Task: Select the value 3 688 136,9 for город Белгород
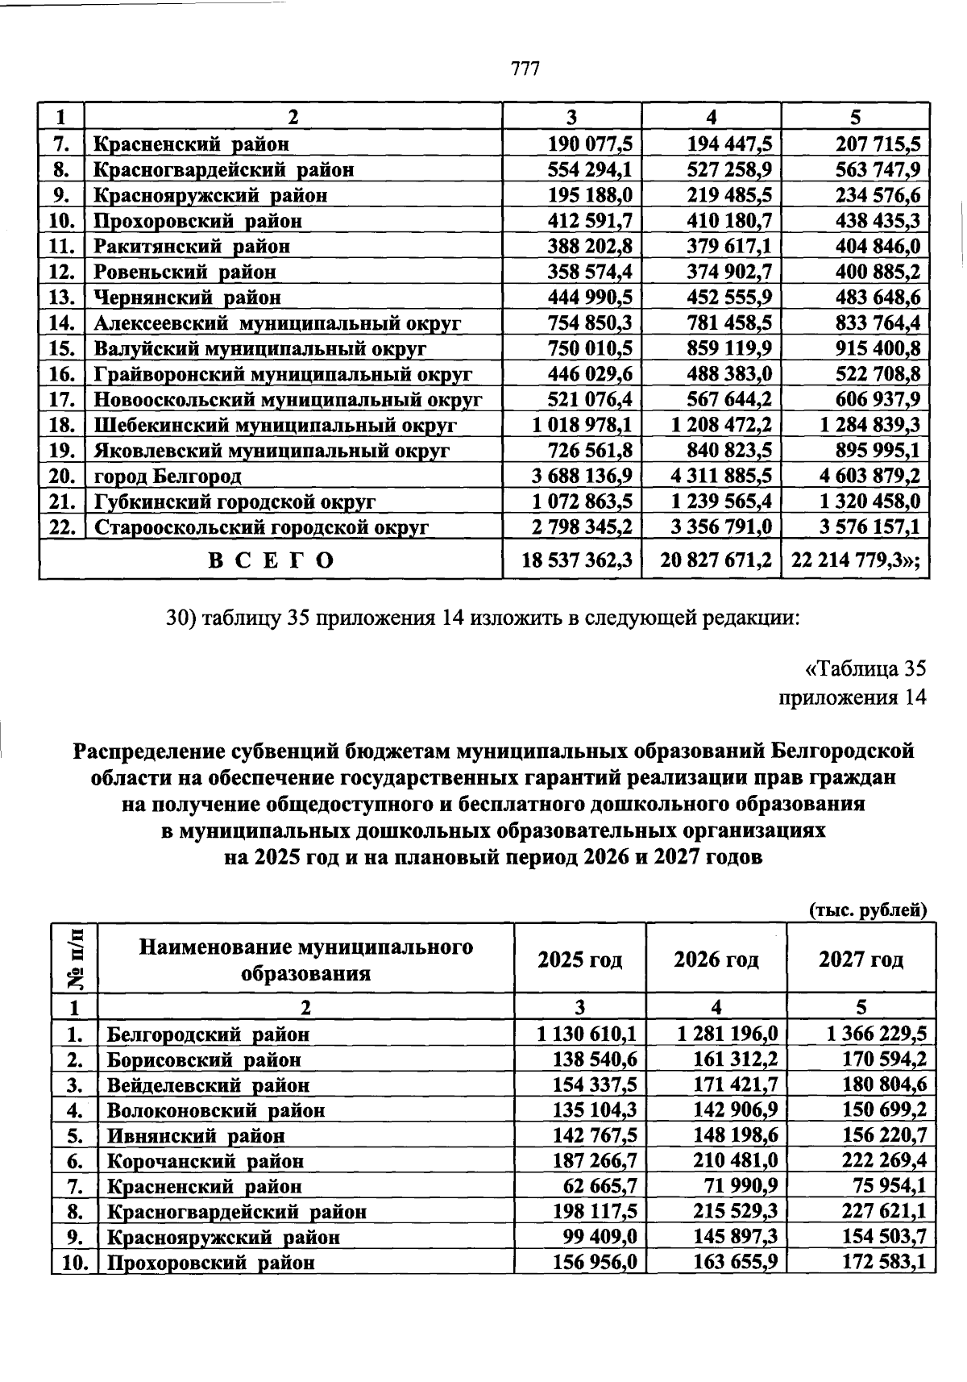583,477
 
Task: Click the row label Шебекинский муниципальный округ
276,425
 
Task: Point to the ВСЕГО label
272,560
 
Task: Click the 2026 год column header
716,959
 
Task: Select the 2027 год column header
861,959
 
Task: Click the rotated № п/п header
75,959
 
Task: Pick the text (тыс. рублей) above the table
868,910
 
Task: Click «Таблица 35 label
865,669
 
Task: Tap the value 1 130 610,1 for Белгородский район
587,1034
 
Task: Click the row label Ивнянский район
196,1136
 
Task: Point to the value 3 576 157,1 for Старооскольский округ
869,527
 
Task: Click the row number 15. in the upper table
62,348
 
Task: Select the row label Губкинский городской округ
234,502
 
